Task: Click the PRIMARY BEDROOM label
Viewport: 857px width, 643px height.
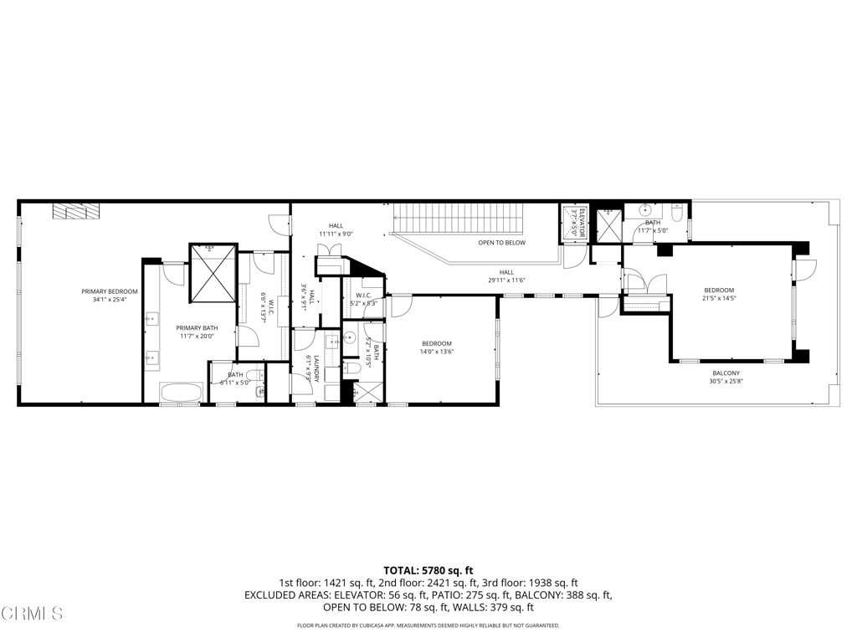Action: pyautogui.click(x=110, y=291)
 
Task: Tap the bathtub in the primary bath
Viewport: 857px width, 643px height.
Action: pyautogui.click(x=180, y=393)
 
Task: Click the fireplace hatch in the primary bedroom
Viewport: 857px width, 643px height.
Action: pyautogui.click(x=76, y=210)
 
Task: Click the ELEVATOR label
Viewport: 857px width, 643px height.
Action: pyautogui.click(x=574, y=224)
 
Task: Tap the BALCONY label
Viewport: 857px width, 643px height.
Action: pyautogui.click(x=726, y=373)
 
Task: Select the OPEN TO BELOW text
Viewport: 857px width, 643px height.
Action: pyautogui.click(x=501, y=243)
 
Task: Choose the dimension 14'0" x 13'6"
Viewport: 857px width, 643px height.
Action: pyautogui.click(x=437, y=352)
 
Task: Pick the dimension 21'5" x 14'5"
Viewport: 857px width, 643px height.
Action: pyautogui.click(x=719, y=298)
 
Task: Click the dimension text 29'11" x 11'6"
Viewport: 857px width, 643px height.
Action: pyautogui.click(x=507, y=280)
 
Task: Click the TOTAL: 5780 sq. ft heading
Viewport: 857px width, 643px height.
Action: pyautogui.click(x=428, y=569)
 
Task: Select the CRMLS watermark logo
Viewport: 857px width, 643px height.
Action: pyautogui.click(x=32, y=614)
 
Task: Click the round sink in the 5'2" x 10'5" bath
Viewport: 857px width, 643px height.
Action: pyautogui.click(x=350, y=339)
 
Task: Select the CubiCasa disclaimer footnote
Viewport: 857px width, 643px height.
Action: pyautogui.click(x=428, y=625)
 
